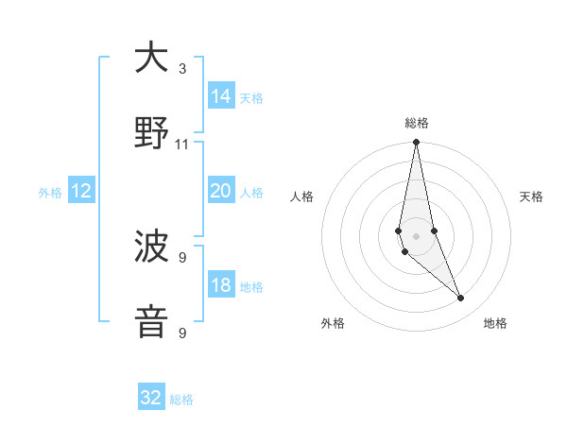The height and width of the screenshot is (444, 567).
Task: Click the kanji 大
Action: (x=151, y=59)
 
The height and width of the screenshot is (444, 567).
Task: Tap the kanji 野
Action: (x=151, y=134)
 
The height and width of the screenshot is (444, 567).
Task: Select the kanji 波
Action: (x=151, y=248)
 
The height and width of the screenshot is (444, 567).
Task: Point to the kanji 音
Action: (x=151, y=322)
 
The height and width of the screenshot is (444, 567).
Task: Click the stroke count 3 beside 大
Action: (x=182, y=69)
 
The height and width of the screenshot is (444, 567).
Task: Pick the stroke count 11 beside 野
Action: (x=182, y=145)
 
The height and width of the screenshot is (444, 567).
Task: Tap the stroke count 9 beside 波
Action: (x=182, y=257)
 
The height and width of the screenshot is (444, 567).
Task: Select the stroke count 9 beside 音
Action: (x=182, y=333)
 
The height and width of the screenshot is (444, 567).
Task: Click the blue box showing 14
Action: (x=221, y=96)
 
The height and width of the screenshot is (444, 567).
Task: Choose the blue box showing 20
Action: (x=221, y=191)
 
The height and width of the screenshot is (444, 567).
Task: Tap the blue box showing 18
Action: (x=221, y=285)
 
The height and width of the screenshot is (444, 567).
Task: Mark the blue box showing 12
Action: (x=81, y=191)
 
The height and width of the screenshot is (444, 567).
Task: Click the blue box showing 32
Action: (x=151, y=398)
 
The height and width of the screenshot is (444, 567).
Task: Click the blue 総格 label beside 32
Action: (x=181, y=400)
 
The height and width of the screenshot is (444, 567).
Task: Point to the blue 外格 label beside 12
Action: (x=50, y=193)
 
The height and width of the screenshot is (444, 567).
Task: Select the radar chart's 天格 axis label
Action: (x=532, y=196)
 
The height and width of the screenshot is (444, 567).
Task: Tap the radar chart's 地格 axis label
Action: (x=495, y=323)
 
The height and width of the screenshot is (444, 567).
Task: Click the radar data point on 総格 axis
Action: (x=417, y=143)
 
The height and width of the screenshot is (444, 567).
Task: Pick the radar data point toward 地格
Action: (x=461, y=299)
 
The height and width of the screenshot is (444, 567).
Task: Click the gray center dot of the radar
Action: (x=417, y=235)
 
